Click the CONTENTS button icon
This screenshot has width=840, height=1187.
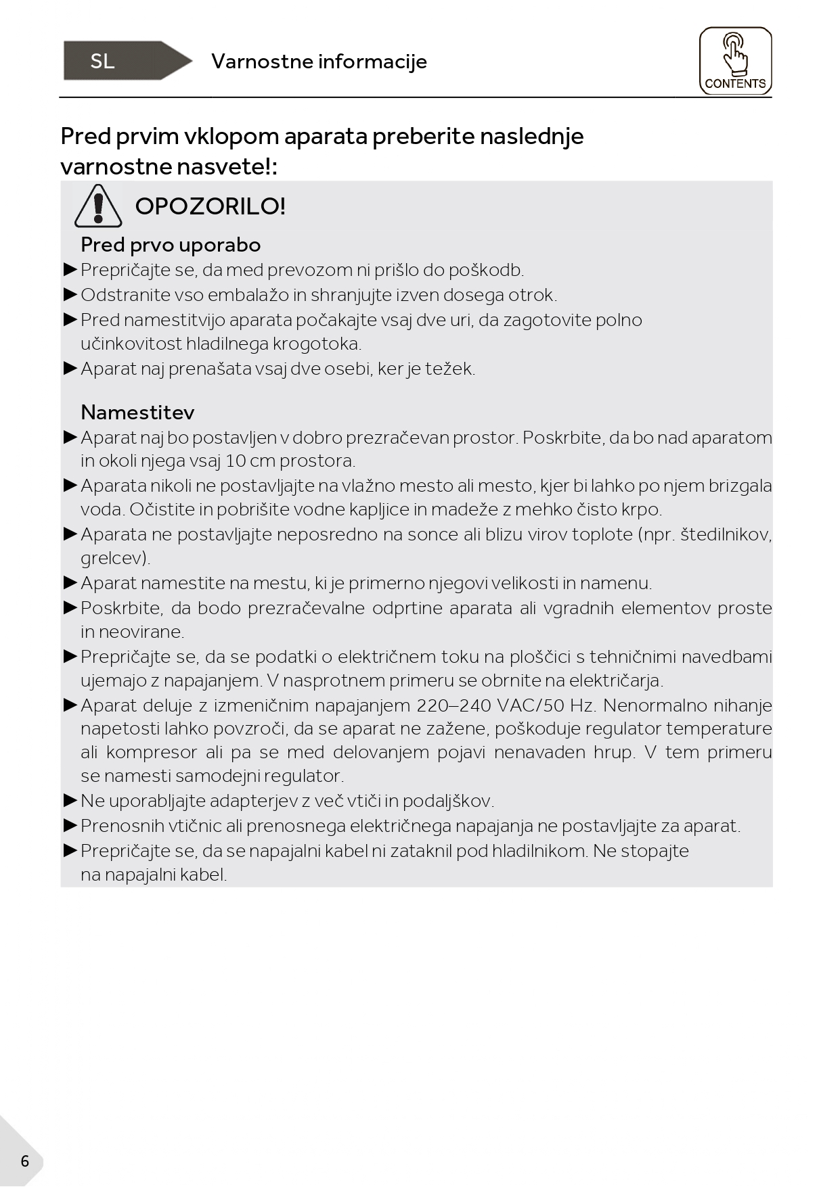tap(735, 61)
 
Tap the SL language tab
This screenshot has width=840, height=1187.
tap(103, 62)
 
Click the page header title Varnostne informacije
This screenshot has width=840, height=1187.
tap(319, 62)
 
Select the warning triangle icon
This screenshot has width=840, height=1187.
tap(98, 206)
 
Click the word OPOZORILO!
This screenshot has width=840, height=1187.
tap(211, 206)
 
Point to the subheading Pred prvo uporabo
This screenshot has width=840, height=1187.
tap(171, 245)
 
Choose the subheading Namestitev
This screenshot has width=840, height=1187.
tap(137, 413)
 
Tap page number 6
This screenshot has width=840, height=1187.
tap(25, 1161)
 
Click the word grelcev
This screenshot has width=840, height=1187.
tap(114, 559)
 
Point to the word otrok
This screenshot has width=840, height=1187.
tap(531, 296)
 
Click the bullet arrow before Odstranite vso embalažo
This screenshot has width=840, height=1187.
tap(70, 295)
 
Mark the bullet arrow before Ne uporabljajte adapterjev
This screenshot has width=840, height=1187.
tap(70, 801)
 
